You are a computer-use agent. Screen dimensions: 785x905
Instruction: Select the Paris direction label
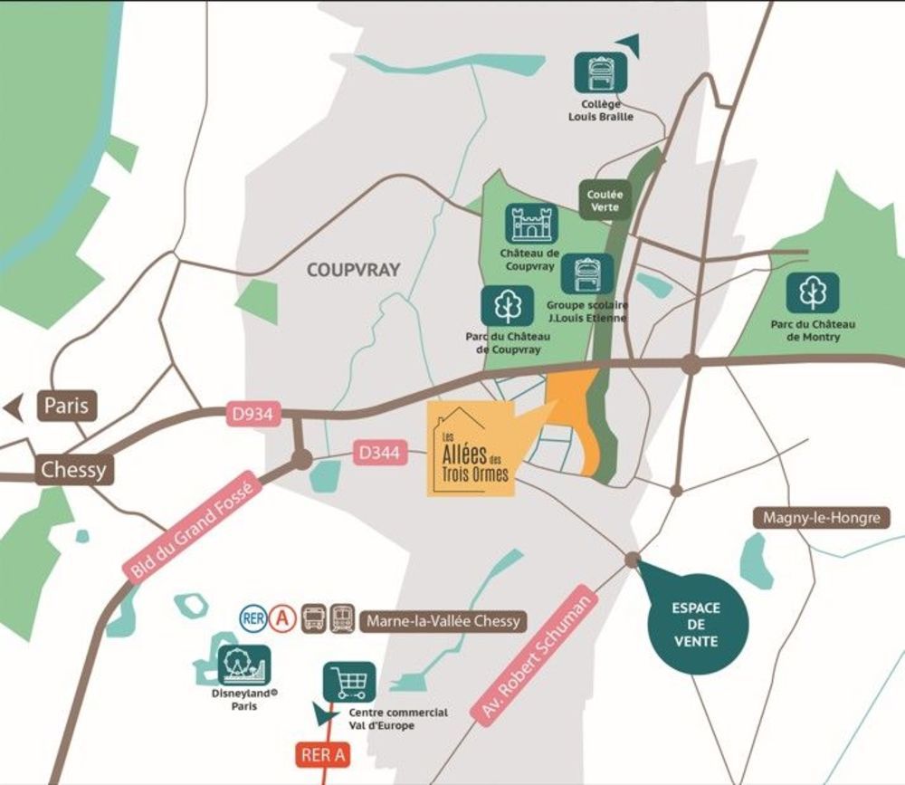[67, 405]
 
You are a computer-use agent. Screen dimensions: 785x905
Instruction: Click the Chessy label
[73, 470]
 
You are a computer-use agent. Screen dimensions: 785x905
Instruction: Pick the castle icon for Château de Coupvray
[530, 224]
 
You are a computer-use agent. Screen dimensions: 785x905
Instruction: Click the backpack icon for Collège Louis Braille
[601, 72]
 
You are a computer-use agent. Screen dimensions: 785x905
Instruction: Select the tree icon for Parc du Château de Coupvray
[508, 306]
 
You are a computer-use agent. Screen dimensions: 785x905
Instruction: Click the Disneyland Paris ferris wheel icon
[243, 666]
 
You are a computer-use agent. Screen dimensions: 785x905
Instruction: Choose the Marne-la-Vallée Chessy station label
[443, 621]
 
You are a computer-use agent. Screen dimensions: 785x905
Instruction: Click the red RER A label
[321, 755]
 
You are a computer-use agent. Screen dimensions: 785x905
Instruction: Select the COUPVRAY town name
[353, 270]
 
